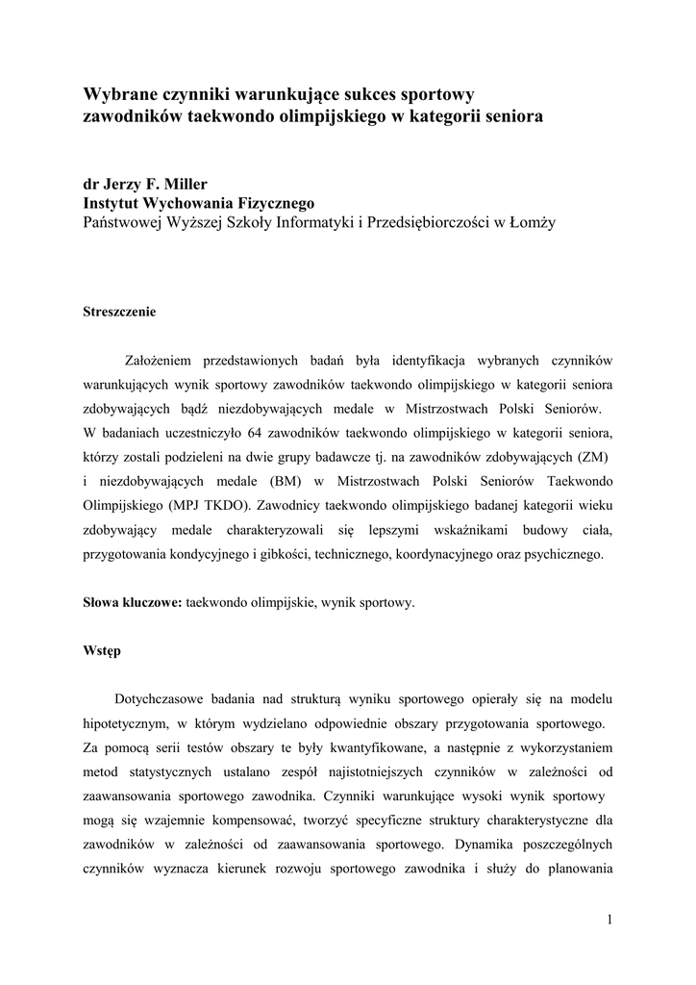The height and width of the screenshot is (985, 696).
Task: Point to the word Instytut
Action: [112, 203]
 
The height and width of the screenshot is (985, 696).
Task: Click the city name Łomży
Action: [532, 222]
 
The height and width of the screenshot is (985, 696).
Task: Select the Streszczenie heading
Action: [119, 313]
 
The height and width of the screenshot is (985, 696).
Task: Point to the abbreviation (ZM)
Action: [594, 455]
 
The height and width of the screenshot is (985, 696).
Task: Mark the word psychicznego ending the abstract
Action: [559, 554]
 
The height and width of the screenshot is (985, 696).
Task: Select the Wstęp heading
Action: [102, 651]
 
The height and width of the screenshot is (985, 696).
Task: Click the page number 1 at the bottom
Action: [609, 920]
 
